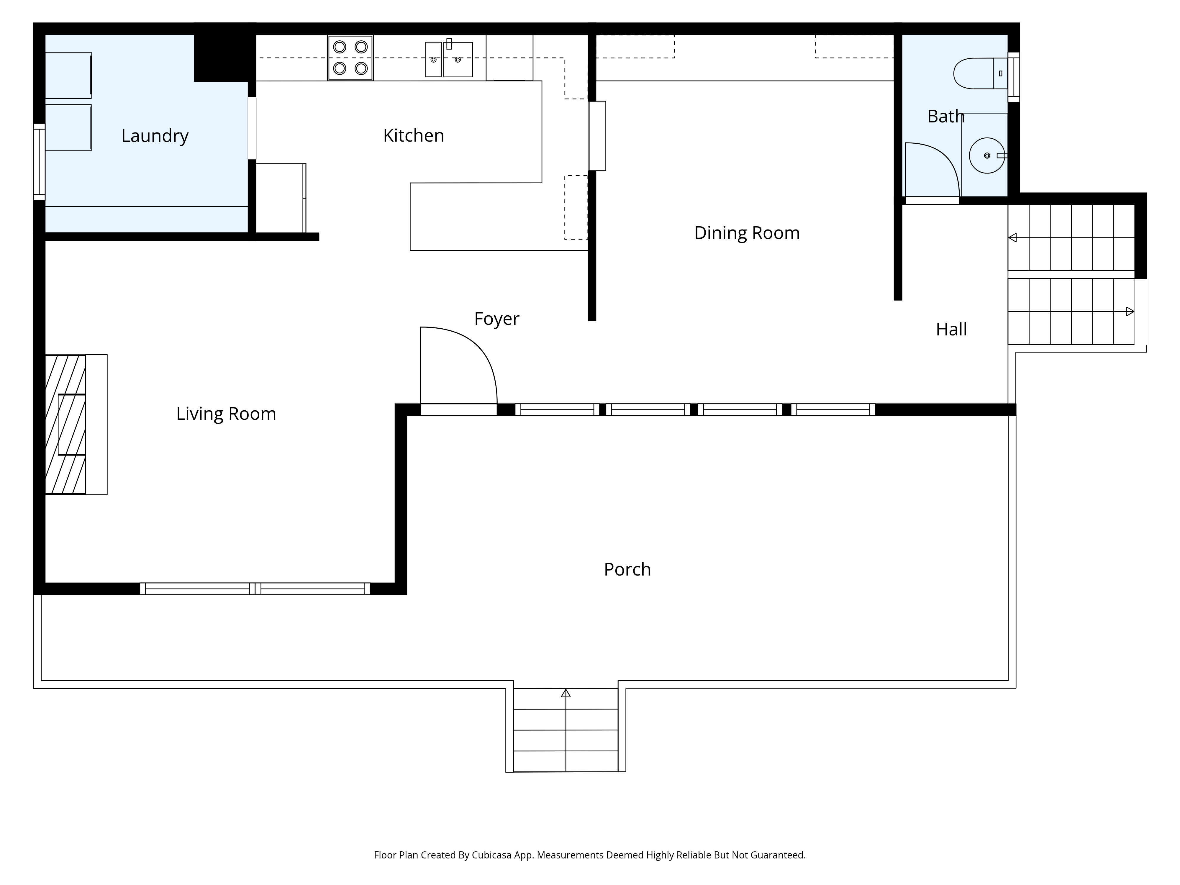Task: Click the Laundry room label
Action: [155, 136]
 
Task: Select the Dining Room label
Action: [747, 233]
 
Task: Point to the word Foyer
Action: [497, 319]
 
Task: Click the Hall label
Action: [951, 329]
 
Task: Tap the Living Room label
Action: [226, 414]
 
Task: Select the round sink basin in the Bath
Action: [987, 156]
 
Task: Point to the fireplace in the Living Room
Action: [76, 425]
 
